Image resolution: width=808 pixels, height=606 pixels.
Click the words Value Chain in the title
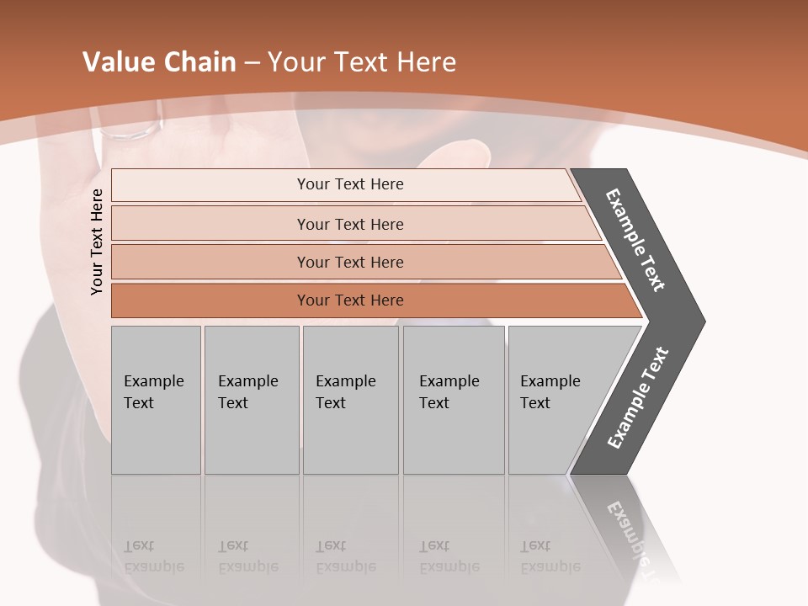pos(159,62)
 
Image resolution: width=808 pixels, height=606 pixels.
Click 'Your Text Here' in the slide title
pos(362,62)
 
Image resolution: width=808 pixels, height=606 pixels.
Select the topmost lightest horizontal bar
pos(345,184)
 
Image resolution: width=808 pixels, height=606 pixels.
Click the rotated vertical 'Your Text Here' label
pos(97,242)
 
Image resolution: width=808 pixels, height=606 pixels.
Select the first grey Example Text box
pos(156,399)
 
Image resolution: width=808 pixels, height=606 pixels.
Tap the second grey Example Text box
pos(251,399)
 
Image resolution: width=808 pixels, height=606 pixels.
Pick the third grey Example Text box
pos(349,399)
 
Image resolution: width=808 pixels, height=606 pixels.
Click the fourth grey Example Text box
pos(453,399)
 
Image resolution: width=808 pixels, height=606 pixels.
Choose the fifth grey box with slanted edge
pos(555,399)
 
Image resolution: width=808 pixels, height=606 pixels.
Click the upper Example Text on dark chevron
pos(635,239)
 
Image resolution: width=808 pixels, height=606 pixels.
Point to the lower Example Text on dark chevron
pos(638,398)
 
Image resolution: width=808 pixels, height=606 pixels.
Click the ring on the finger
pos(131,131)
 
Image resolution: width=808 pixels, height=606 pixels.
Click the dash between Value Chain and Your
pos(252,63)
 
